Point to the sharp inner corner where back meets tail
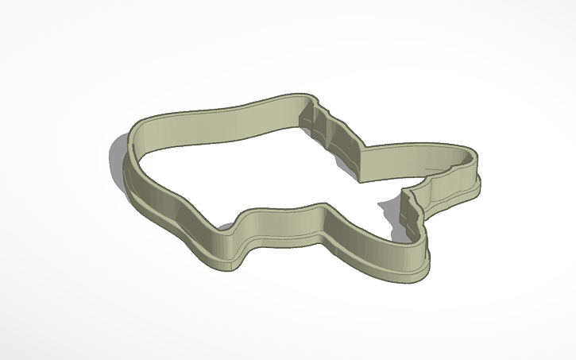coord(361,151)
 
